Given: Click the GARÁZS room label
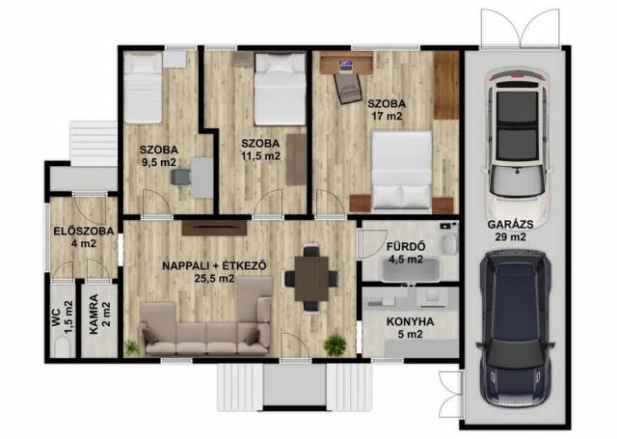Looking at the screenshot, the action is [x=510, y=225].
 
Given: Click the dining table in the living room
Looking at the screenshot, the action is [x=311, y=278].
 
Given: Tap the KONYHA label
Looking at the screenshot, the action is [x=411, y=321].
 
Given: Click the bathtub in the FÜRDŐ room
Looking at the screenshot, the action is [x=410, y=269].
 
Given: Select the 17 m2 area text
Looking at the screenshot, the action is [x=388, y=116].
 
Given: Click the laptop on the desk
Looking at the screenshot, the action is [x=345, y=66].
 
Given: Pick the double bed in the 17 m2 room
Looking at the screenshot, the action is [x=402, y=170].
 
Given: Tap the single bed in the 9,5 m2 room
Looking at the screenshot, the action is [x=143, y=88].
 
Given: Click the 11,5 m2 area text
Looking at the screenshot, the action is [x=260, y=156].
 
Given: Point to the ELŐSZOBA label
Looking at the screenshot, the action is [x=84, y=232].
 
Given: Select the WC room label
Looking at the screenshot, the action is [x=57, y=317].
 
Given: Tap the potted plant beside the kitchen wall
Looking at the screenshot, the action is [x=335, y=344].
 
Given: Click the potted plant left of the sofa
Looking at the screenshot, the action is [x=131, y=348].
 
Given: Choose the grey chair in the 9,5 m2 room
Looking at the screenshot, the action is [x=180, y=177].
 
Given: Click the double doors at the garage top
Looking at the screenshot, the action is [x=521, y=28].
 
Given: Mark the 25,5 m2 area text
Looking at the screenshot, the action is [x=214, y=279].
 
